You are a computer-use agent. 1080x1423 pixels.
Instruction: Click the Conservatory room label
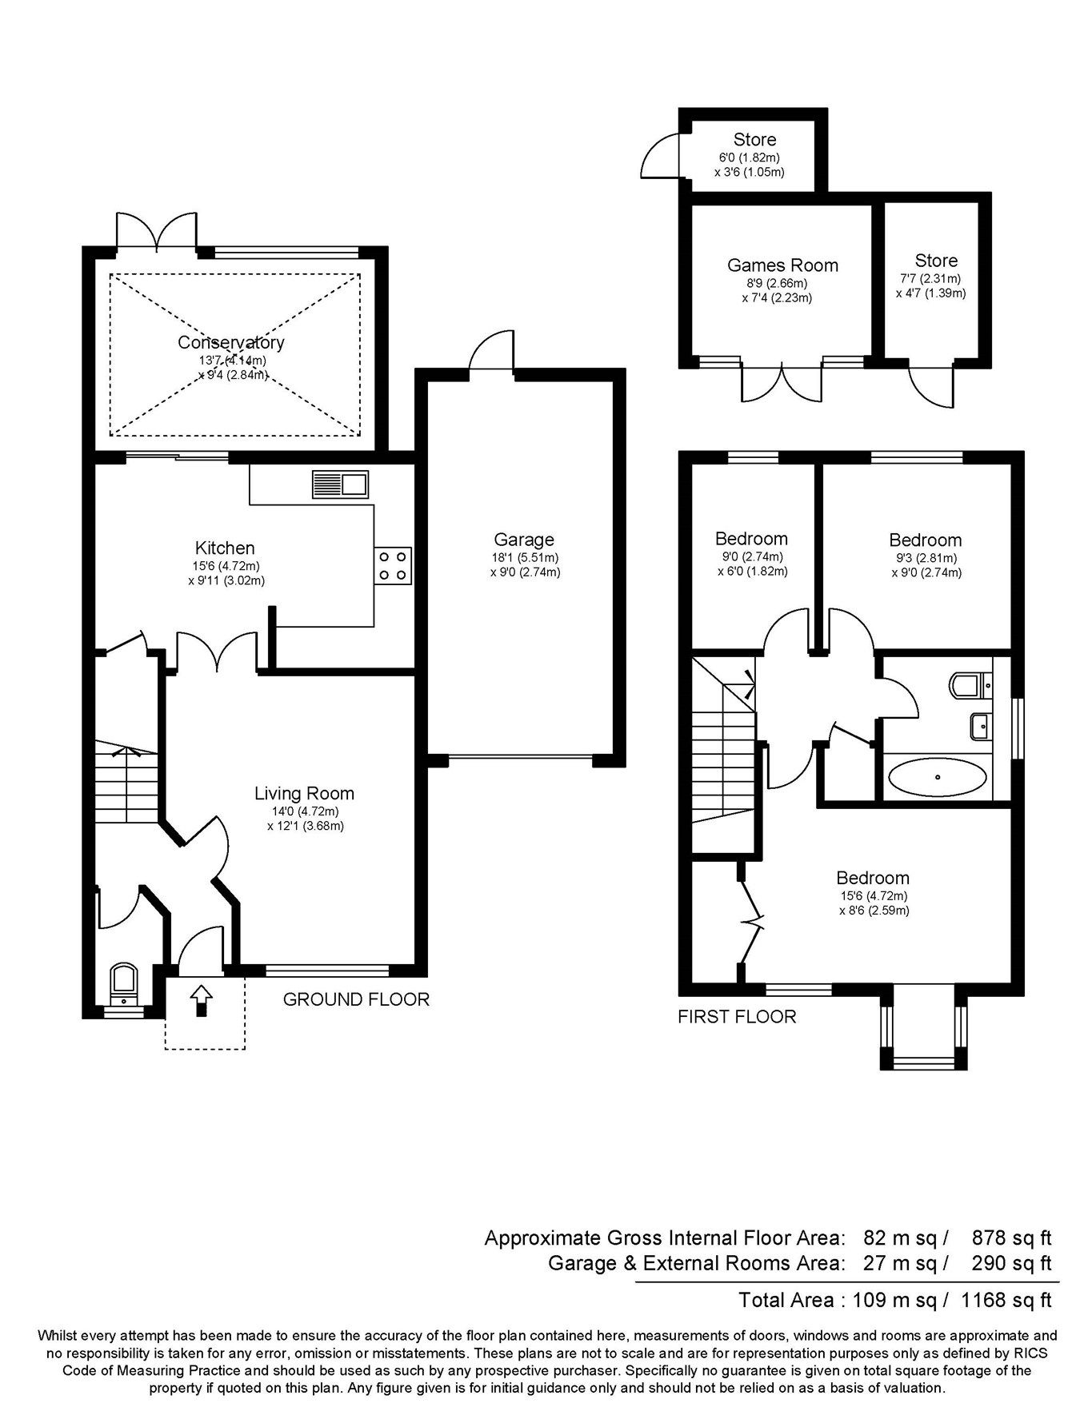click(x=230, y=343)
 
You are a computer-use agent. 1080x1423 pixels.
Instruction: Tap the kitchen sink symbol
click(x=340, y=484)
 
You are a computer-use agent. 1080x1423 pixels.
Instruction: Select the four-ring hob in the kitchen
click(x=392, y=565)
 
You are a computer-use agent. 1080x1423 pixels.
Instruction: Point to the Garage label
click(x=524, y=540)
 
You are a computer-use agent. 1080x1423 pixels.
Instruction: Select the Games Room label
click(x=782, y=265)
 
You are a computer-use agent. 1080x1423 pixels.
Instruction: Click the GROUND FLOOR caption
click(x=356, y=999)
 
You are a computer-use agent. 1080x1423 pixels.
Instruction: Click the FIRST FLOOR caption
click(x=737, y=1017)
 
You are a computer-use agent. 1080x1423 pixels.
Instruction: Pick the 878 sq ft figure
click(x=1011, y=1238)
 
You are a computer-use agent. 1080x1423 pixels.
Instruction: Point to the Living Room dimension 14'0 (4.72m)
click(x=305, y=811)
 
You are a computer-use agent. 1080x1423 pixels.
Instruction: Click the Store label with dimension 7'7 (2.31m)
click(x=936, y=261)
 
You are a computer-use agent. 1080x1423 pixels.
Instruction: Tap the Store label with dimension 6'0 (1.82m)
click(x=754, y=140)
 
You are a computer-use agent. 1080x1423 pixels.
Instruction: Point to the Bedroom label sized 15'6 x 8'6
click(x=873, y=878)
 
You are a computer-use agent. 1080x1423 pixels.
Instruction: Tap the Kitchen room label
click(x=225, y=548)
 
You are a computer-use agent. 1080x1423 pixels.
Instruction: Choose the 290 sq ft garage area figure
click(x=1011, y=1264)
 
